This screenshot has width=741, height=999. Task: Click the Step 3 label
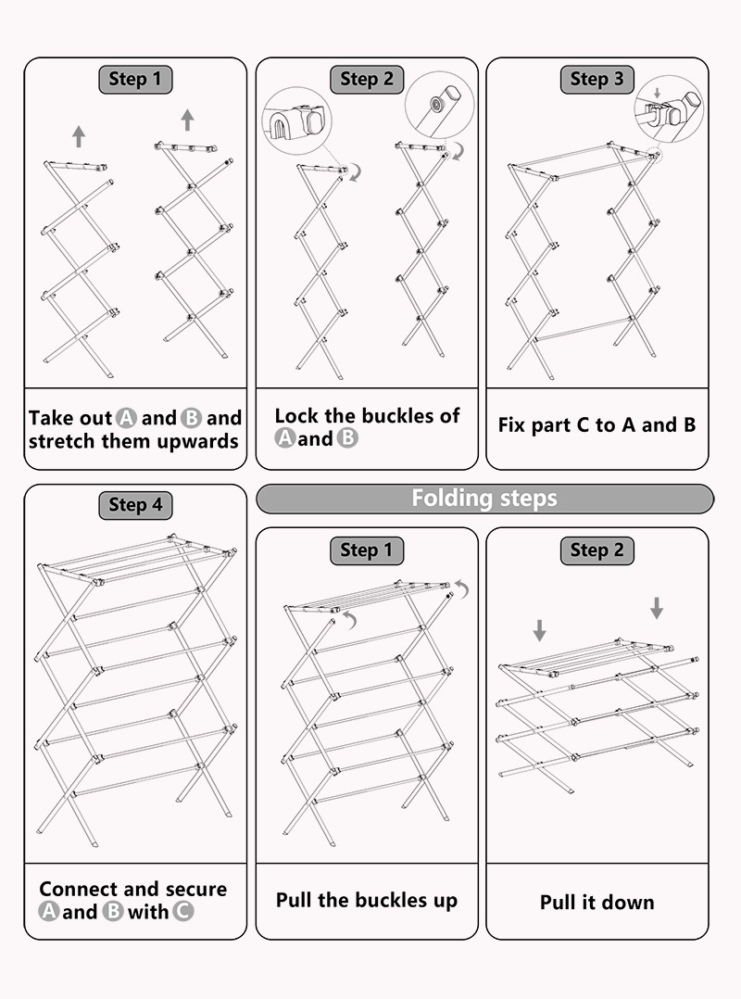click(x=597, y=80)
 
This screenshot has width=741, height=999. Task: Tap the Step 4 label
click(x=135, y=505)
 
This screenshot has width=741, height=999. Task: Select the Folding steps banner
click(x=484, y=499)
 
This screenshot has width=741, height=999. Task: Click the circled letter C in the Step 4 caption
click(x=183, y=912)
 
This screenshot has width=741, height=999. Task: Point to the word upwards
click(x=194, y=441)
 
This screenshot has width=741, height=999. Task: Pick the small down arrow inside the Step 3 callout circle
click(x=657, y=94)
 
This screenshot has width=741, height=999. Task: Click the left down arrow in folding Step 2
click(x=540, y=631)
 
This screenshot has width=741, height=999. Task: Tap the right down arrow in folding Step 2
click(x=657, y=608)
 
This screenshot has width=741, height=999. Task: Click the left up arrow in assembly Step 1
click(x=79, y=137)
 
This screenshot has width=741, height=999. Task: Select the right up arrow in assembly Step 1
click(x=187, y=120)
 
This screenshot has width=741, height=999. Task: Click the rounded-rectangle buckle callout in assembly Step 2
click(x=296, y=121)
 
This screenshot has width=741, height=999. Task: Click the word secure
click(x=194, y=890)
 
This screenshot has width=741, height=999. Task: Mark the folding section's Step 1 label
click(x=366, y=550)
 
